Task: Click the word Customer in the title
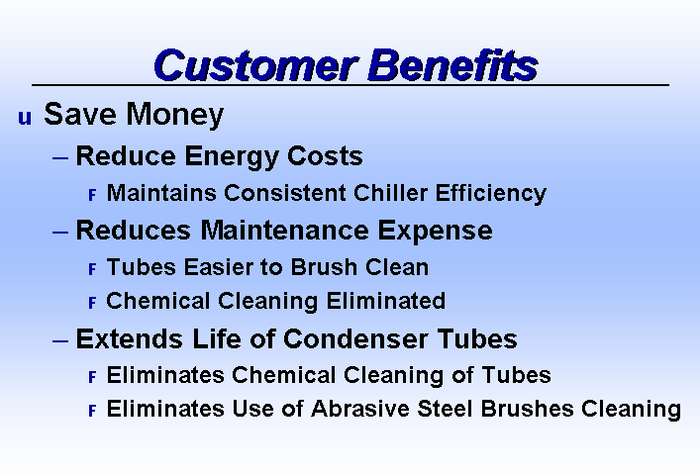(x=255, y=65)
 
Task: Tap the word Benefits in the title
(x=452, y=65)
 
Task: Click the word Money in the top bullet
(x=174, y=115)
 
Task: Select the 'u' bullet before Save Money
(x=25, y=118)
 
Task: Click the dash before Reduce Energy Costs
(x=60, y=157)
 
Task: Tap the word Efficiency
(x=491, y=194)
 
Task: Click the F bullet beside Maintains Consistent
(x=92, y=195)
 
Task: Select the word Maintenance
(x=284, y=231)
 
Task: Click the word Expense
(x=436, y=232)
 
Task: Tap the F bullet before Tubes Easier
(x=92, y=269)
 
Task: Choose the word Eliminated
(x=386, y=301)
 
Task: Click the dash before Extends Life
(x=60, y=341)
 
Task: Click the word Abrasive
(x=360, y=409)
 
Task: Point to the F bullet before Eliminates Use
(x=92, y=411)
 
